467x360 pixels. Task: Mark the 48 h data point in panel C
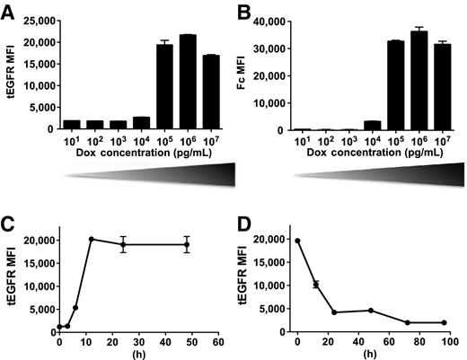187,244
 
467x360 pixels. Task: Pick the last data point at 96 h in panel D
444,322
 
